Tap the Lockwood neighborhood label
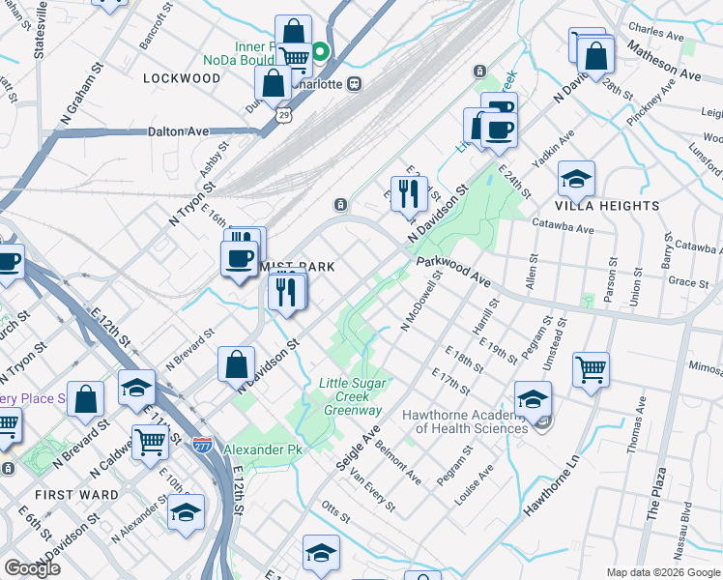pos(182,77)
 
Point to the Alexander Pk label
pos(263,450)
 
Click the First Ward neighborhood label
pos(76,494)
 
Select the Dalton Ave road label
pos(179,131)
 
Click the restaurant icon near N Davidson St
pos(409,193)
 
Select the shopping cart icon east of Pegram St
pos(591,369)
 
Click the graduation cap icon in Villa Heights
pos(576,178)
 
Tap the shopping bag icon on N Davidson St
pos(236,364)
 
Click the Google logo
pos(32,568)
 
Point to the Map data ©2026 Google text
pos(662,572)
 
